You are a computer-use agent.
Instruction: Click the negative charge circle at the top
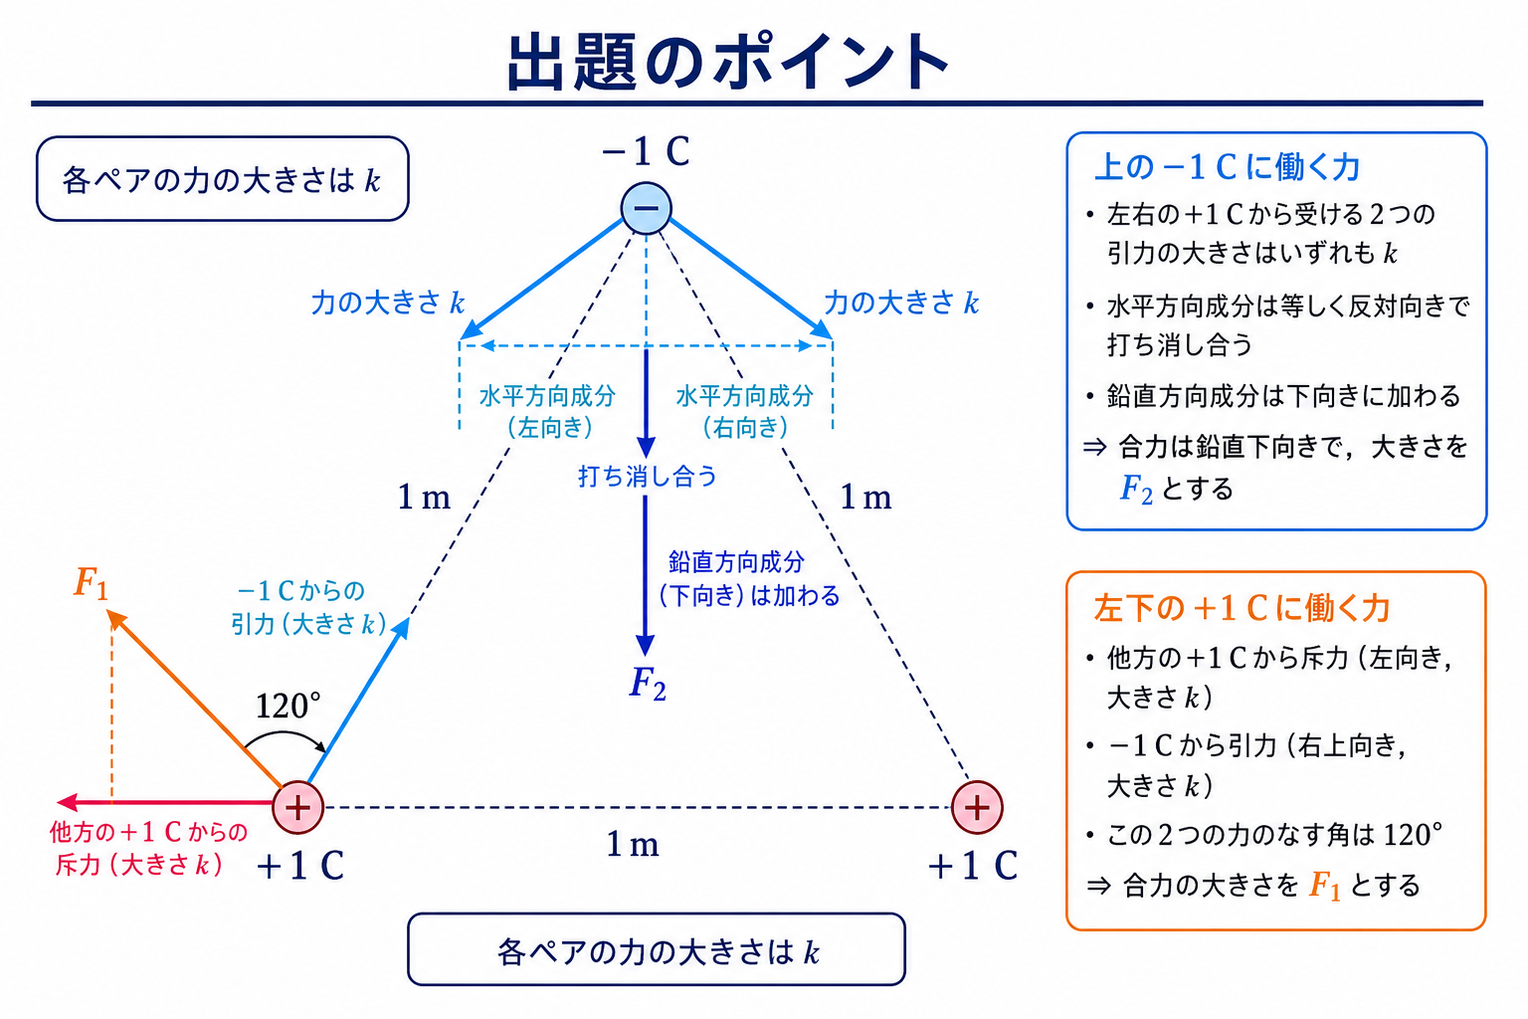click(x=646, y=208)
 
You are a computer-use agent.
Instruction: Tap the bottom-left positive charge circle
click(x=298, y=807)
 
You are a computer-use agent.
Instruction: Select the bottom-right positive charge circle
click(x=977, y=807)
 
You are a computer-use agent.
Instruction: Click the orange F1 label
click(x=91, y=583)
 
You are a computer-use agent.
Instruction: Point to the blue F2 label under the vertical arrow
click(x=648, y=684)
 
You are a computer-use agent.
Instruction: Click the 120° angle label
click(x=287, y=706)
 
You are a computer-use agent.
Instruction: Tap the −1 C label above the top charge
click(x=646, y=151)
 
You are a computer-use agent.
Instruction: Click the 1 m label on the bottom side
click(x=633, y=844)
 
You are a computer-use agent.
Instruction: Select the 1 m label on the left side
click(x=424, y=497)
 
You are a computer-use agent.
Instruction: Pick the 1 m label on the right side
click(x=865, y=497)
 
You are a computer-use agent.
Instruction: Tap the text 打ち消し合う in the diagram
click(x=648, y=476)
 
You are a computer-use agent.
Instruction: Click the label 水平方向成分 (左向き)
click(x=548, y=412)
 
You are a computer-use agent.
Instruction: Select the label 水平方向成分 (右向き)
click(x=745, y=412)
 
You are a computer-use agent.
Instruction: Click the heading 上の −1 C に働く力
click(x=1228, y=167)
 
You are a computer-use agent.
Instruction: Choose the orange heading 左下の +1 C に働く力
click(x=1241, y=608)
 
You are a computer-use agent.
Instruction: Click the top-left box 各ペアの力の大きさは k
click(x=223, y=179)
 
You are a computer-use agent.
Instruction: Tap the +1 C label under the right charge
click(x=973, y=866)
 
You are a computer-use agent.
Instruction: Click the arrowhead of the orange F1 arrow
click(x=115, y=618)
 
